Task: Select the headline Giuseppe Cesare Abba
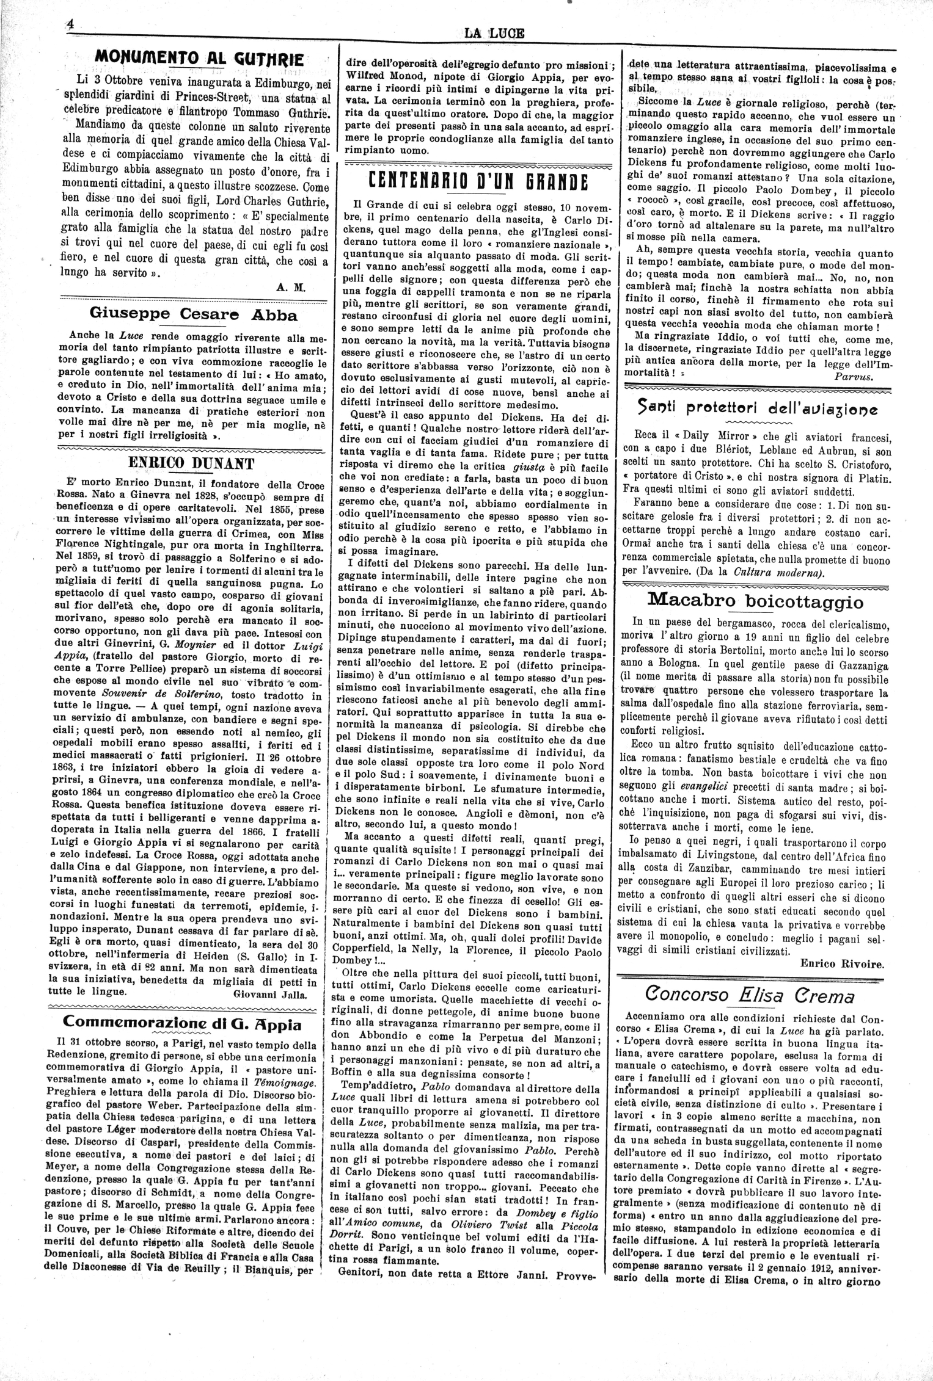(193, 315)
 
